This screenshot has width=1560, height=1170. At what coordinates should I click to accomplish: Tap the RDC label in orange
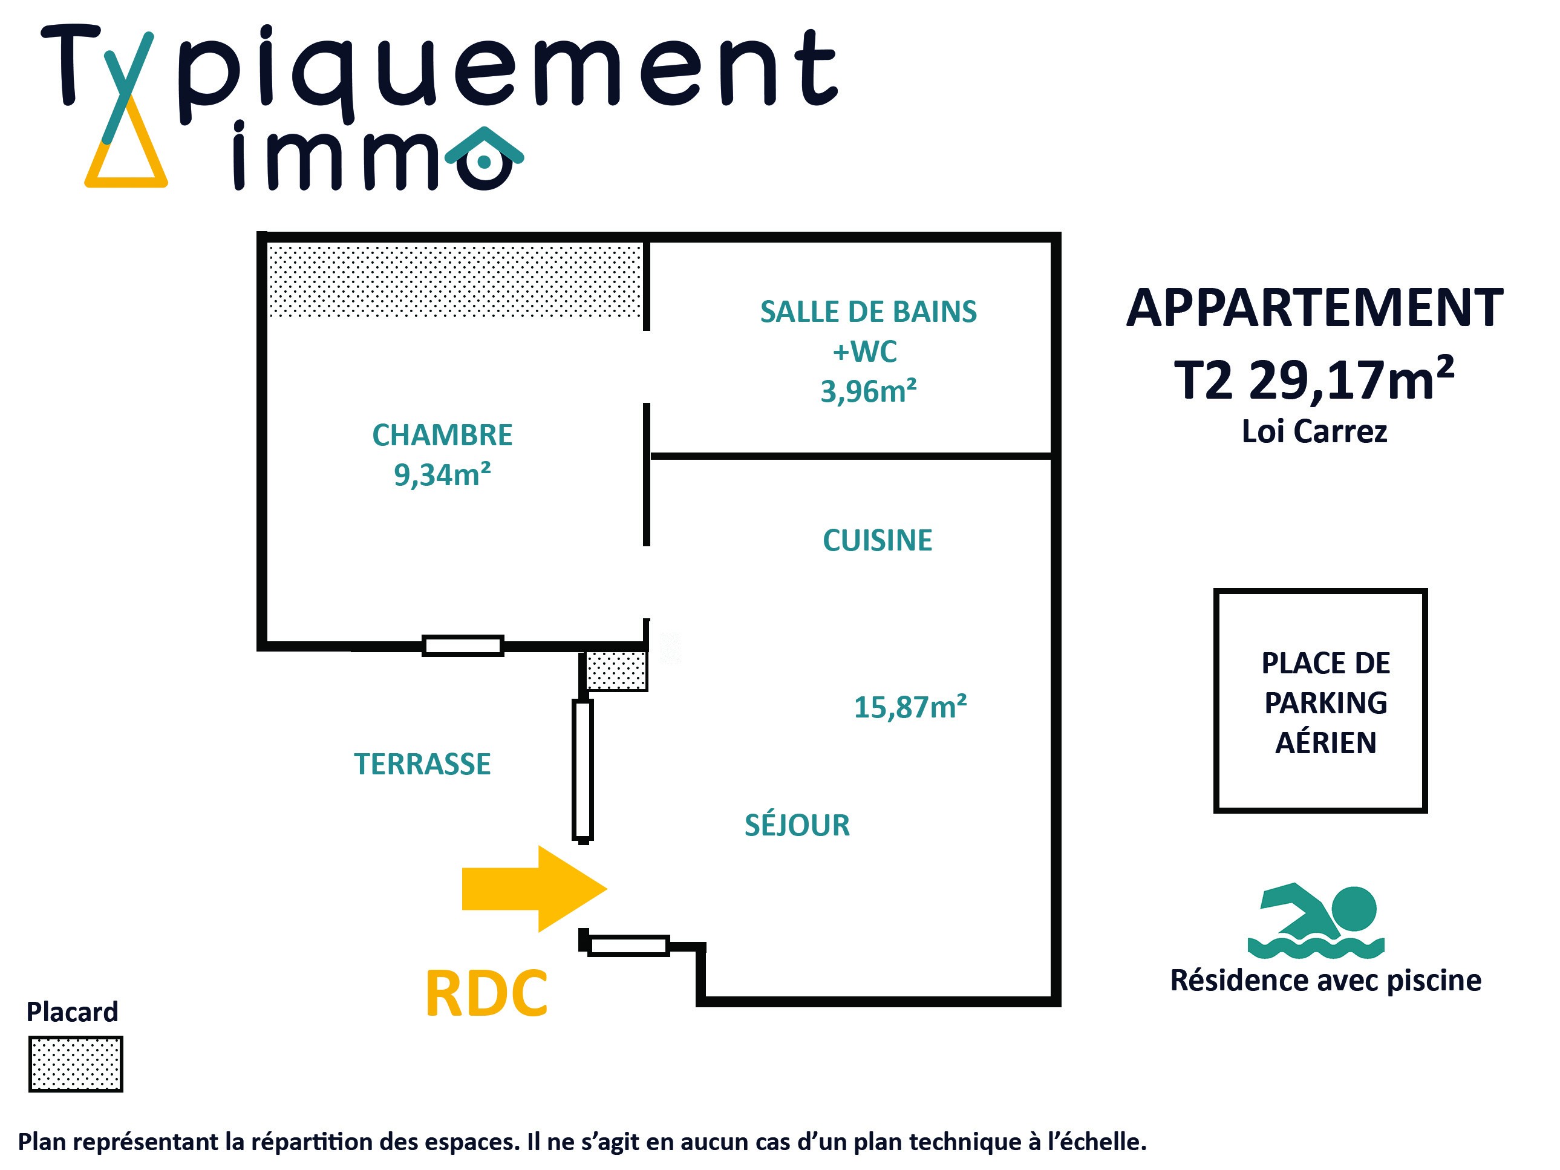[x=486, y=995]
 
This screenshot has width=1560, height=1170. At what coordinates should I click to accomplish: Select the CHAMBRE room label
[x=442, y=435]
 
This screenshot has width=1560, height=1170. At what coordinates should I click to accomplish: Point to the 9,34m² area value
[x=442, y=475]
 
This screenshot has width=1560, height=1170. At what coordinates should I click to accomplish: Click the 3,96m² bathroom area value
[x=868, y=391]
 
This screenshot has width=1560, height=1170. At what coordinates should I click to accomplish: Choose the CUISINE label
[x=877, y=540]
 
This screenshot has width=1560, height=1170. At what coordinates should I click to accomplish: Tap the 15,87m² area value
[x=910, y=707]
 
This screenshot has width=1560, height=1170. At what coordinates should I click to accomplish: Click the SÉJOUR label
[x=797, y=825]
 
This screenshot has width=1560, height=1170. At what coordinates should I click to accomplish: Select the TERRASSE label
[x=422, y=764]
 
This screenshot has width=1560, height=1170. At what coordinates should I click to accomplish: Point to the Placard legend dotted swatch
[x=76, y=1064]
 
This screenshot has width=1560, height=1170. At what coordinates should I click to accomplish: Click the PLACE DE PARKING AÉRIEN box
[x=1320, y=701]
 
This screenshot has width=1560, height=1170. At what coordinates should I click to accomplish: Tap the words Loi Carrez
[x=1314, y=431]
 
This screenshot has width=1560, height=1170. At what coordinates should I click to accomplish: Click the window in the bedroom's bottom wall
[x=463, y=645]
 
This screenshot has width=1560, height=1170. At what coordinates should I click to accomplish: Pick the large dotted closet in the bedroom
[x=455, y=280]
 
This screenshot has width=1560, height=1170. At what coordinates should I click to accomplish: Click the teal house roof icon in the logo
[x=485, y=144]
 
